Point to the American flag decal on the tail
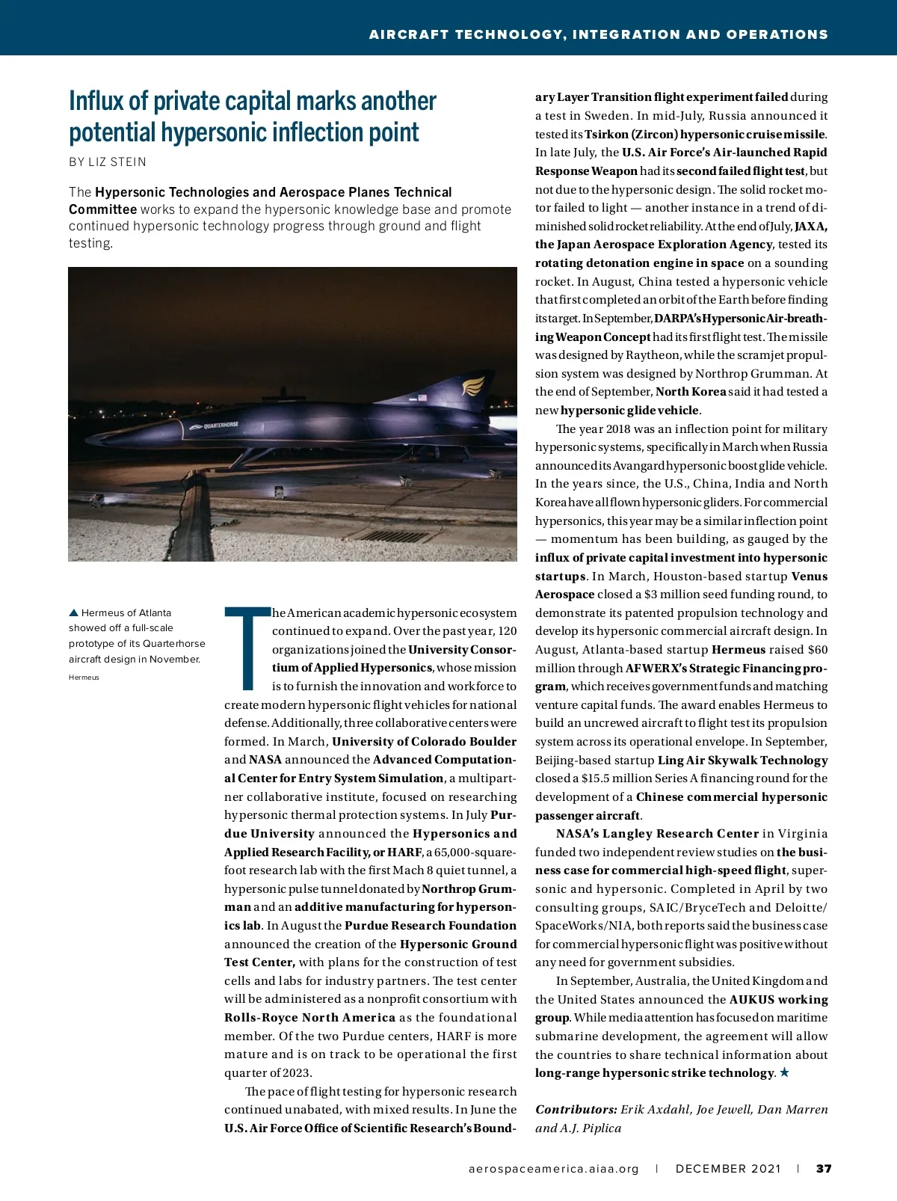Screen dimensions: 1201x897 pos(422,397)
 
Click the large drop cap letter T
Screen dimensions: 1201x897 pos(247,648)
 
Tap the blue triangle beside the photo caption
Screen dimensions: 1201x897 pos(73,613)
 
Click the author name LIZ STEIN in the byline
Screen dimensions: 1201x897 pos(117,162)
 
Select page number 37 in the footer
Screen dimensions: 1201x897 pos(824,1169)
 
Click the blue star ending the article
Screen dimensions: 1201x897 pos(784,1072)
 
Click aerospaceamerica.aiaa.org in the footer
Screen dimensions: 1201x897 pos(554,1169)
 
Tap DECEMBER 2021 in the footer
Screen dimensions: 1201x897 pos(728,1169)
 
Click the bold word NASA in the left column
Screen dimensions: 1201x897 pos(265,760)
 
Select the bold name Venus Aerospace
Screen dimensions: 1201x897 pos(809,577)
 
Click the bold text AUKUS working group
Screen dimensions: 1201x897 pos(778,1000)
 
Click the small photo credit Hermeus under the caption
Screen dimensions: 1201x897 pos(84,678)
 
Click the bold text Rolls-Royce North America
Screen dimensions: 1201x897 pos(309,1018)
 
